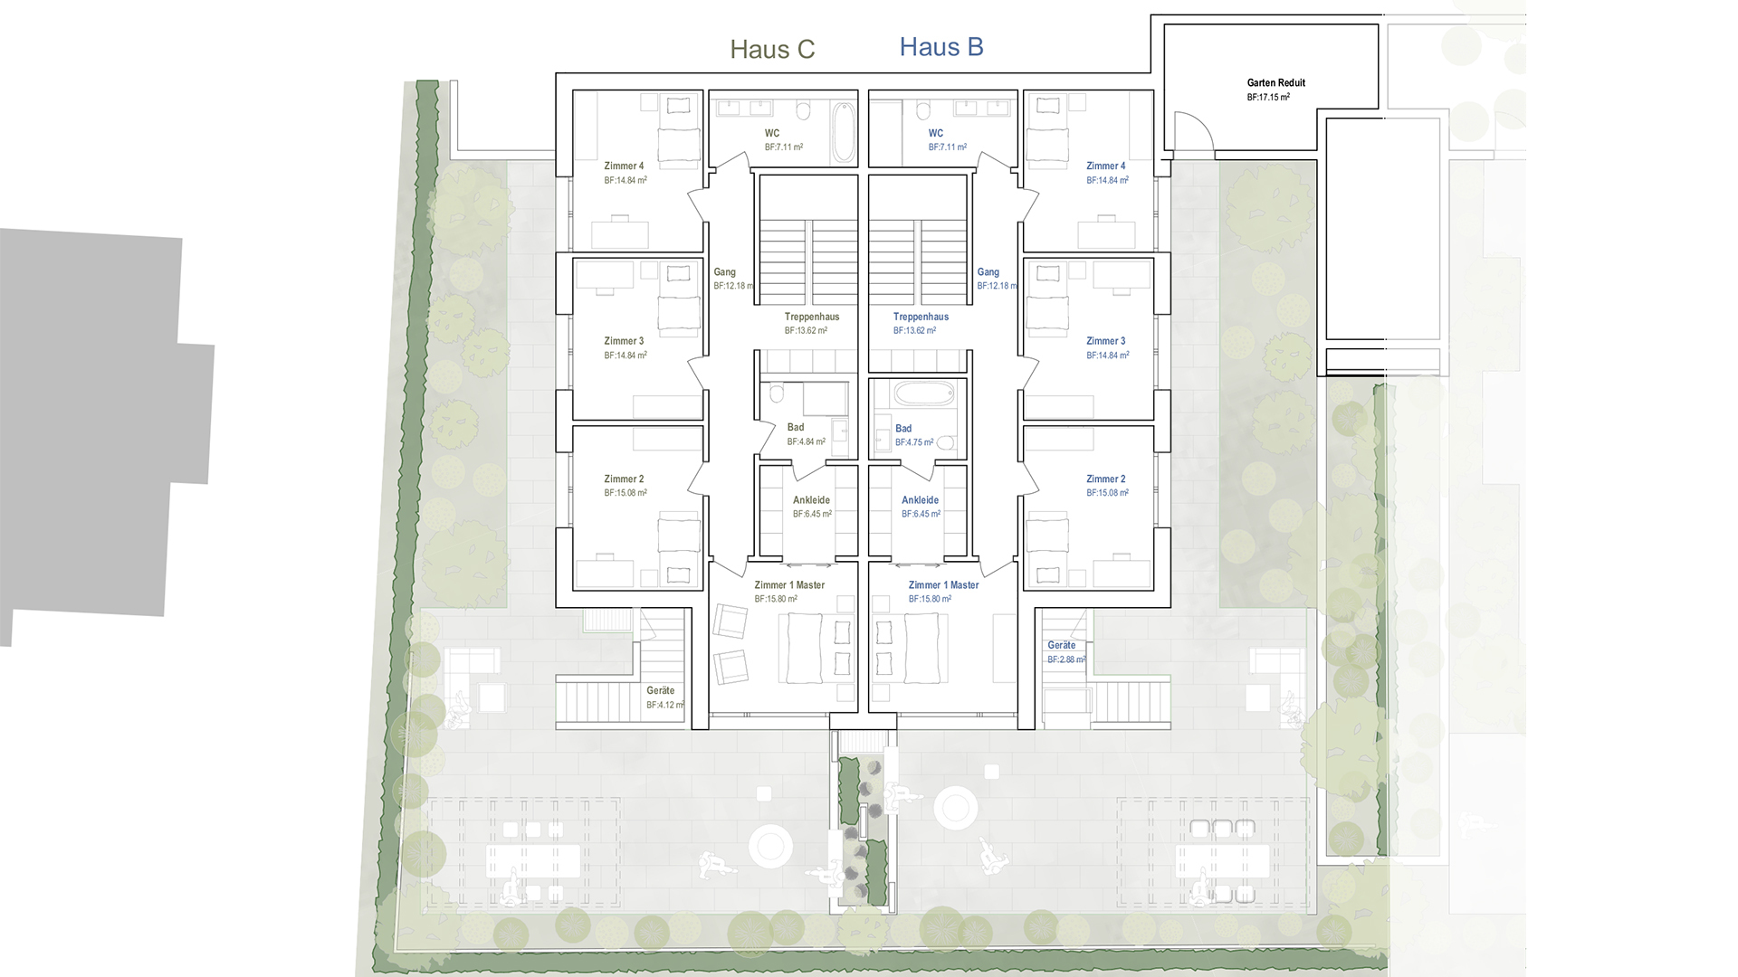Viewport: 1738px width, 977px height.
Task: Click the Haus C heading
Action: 772,49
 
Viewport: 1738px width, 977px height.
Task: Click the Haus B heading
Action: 941,47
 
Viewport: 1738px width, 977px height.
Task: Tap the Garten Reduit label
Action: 1275,82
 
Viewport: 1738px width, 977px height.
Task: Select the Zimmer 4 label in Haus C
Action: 624,166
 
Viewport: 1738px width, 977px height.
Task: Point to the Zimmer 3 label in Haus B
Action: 1105,341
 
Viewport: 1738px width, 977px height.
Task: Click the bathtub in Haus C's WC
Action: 843,132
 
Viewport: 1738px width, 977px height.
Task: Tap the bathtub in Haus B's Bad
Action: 923,394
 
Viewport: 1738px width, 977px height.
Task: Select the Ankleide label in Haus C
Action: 811,499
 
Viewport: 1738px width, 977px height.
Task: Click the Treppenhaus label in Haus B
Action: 921,317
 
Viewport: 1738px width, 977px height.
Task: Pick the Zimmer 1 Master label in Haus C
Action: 789,585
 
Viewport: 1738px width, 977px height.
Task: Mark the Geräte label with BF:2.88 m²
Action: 1061,645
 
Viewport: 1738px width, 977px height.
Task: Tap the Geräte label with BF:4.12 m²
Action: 660,690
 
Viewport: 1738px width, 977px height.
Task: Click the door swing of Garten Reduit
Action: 1191,132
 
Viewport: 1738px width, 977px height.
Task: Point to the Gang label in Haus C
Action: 724,271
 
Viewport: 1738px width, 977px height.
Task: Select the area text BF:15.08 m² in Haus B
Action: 1107,493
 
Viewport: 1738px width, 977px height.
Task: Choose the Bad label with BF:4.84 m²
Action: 795,427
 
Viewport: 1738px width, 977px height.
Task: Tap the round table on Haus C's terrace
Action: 770,847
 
